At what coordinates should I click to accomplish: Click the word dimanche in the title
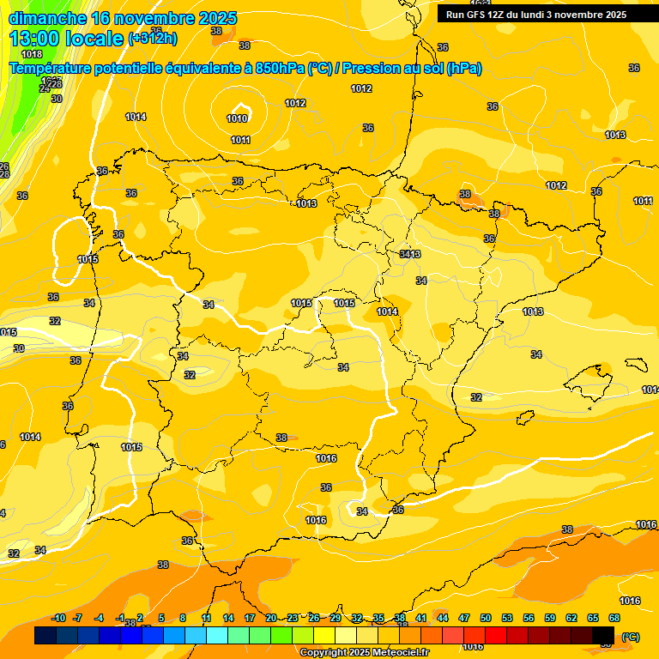pos(47,18)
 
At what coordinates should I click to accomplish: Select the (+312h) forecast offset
pos(153,39)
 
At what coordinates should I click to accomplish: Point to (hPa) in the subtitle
pos(464,68)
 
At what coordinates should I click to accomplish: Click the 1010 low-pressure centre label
pos(238,118)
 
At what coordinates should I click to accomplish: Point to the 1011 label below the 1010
pos(240,140)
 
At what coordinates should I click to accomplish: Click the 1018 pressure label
pos(32,54)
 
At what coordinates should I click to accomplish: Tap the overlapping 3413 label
pos(410,254)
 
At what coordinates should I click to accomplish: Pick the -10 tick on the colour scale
pos(58,618)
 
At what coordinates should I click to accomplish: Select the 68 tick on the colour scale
pos(614,618)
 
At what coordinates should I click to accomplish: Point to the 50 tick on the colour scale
pos(486,618)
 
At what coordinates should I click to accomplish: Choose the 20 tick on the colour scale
pos(271,618)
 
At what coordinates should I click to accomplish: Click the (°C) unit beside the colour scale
pos(630,637)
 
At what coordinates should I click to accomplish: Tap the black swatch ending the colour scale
pos(603,635)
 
